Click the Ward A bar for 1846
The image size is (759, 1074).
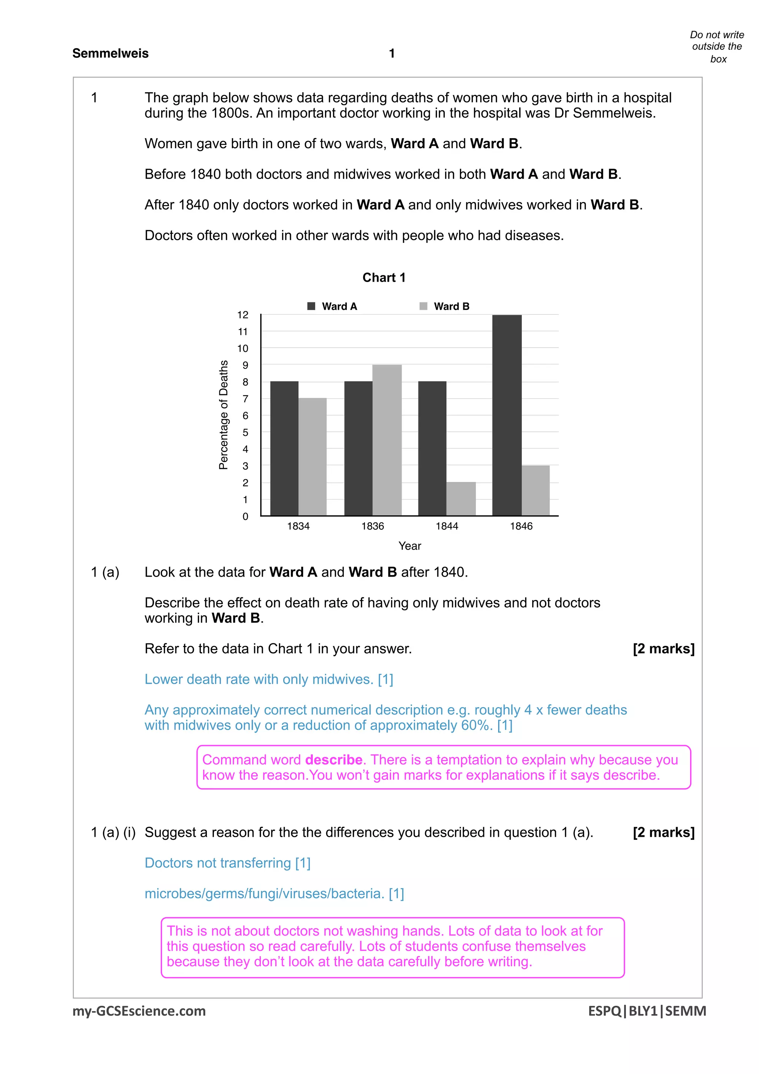[507, 415]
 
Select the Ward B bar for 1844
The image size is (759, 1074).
[461, 499]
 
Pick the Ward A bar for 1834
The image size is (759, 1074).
[284, 448]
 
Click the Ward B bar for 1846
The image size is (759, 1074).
[536, 490]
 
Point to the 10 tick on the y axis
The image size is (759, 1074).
[242, 348]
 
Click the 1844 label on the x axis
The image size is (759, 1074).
[447, 526]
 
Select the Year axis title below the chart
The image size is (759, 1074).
[409, 546]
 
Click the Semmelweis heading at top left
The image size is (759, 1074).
[110, 53]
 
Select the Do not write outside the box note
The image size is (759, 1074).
[716, 47]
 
